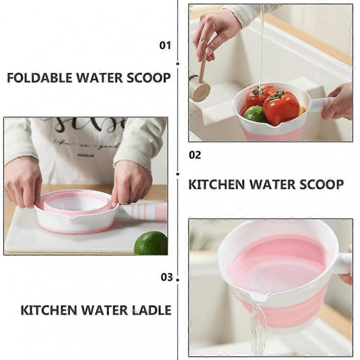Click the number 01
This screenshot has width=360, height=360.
tap(166, 45)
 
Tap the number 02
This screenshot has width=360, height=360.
tap(195, 156)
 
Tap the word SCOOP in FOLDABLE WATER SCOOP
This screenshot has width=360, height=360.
tap(148, 77)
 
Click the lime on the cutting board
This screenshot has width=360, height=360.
tap(151, 243)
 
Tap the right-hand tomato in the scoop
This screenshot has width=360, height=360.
tap(281, 108)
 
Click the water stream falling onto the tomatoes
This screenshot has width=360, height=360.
tap(261, 54)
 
